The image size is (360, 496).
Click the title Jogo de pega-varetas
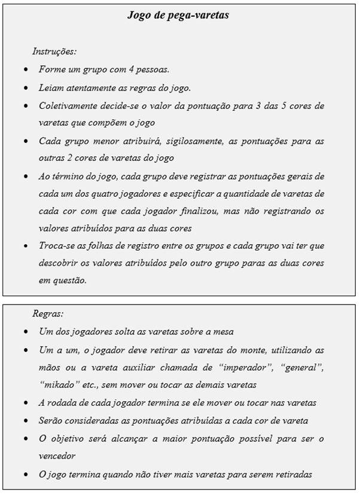[x=178, y=16]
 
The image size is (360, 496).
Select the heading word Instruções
[x=54, y=51]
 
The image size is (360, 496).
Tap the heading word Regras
[x=48, y=313]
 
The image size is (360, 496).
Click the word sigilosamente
[x=185, y=141]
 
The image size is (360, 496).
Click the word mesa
[x=223, y=331]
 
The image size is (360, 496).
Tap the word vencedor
[x=59, y=456]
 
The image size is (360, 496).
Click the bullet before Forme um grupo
[x=25, y=70]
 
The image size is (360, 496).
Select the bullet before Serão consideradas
[x=25, y=421]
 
